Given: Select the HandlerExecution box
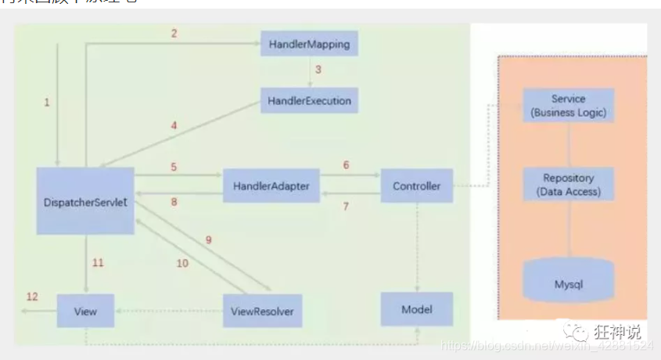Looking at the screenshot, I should click(x=309, y=101).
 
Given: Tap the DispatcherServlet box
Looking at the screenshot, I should click(x=85, y=201).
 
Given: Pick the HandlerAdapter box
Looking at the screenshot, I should click(x=271, y=186).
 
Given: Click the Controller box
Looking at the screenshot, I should click(x=416, y=186).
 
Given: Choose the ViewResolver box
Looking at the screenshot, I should click(x=262, y=311).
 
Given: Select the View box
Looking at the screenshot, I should click(x=85, y=311).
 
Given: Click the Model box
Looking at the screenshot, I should click(x=416, y=310).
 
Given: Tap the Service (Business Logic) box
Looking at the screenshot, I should click(x=568, y=106).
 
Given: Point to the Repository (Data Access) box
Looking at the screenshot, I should click(x=568, y=184).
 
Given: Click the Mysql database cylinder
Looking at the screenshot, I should click(x=568, y=282).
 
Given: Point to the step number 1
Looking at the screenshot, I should click(x=47, y=103).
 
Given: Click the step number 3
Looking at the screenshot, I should click(x=318, y=70).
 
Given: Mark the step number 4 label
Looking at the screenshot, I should click(x=174, y=125).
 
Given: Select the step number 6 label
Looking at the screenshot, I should click(x=346, y=166).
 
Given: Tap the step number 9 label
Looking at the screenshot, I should click(x=209, y=240).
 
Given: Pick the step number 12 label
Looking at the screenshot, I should click(x=32, y=297).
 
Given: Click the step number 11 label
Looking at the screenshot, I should click(x=98, y=263).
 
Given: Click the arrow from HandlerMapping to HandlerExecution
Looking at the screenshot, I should click(x=309, y=72).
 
